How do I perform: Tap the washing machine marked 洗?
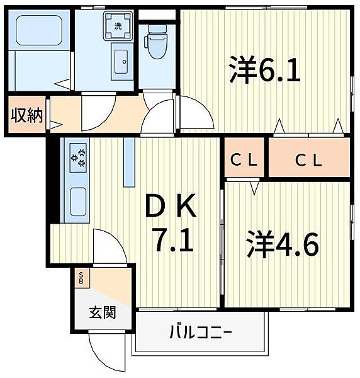pos(118,26)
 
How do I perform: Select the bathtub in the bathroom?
pos(39,30)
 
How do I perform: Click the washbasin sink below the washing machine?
pos(121,62)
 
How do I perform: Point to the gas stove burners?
pos(78,158)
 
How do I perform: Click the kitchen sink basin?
pos(78,202)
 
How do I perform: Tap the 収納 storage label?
pos(26,115)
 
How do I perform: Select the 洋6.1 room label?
pos(264,70)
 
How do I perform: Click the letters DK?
pos(171,205)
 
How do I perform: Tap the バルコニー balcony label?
pos(201,332)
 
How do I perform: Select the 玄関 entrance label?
pos(103,312)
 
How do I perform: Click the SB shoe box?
pos(82,278)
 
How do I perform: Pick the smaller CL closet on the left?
pos(244,157)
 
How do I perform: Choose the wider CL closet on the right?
pos(309,157)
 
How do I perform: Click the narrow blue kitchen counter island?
pos(129,162)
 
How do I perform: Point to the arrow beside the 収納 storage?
pos(56,125)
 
